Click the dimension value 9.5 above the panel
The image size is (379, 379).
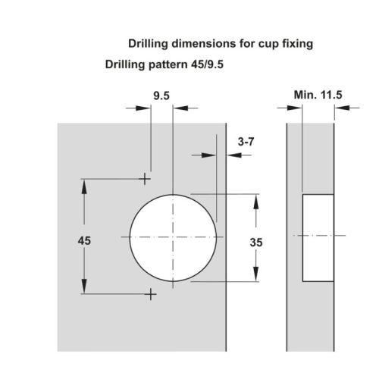point(161,96)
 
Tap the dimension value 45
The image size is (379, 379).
point(84,241)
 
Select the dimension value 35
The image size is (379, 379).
point(256,243)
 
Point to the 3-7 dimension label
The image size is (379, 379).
point(246,142)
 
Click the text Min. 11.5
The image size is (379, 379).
point(318,95)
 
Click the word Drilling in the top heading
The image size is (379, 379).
point(148,43)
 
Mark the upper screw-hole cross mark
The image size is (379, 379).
point(145,179)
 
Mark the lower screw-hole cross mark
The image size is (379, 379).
point(151,294)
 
